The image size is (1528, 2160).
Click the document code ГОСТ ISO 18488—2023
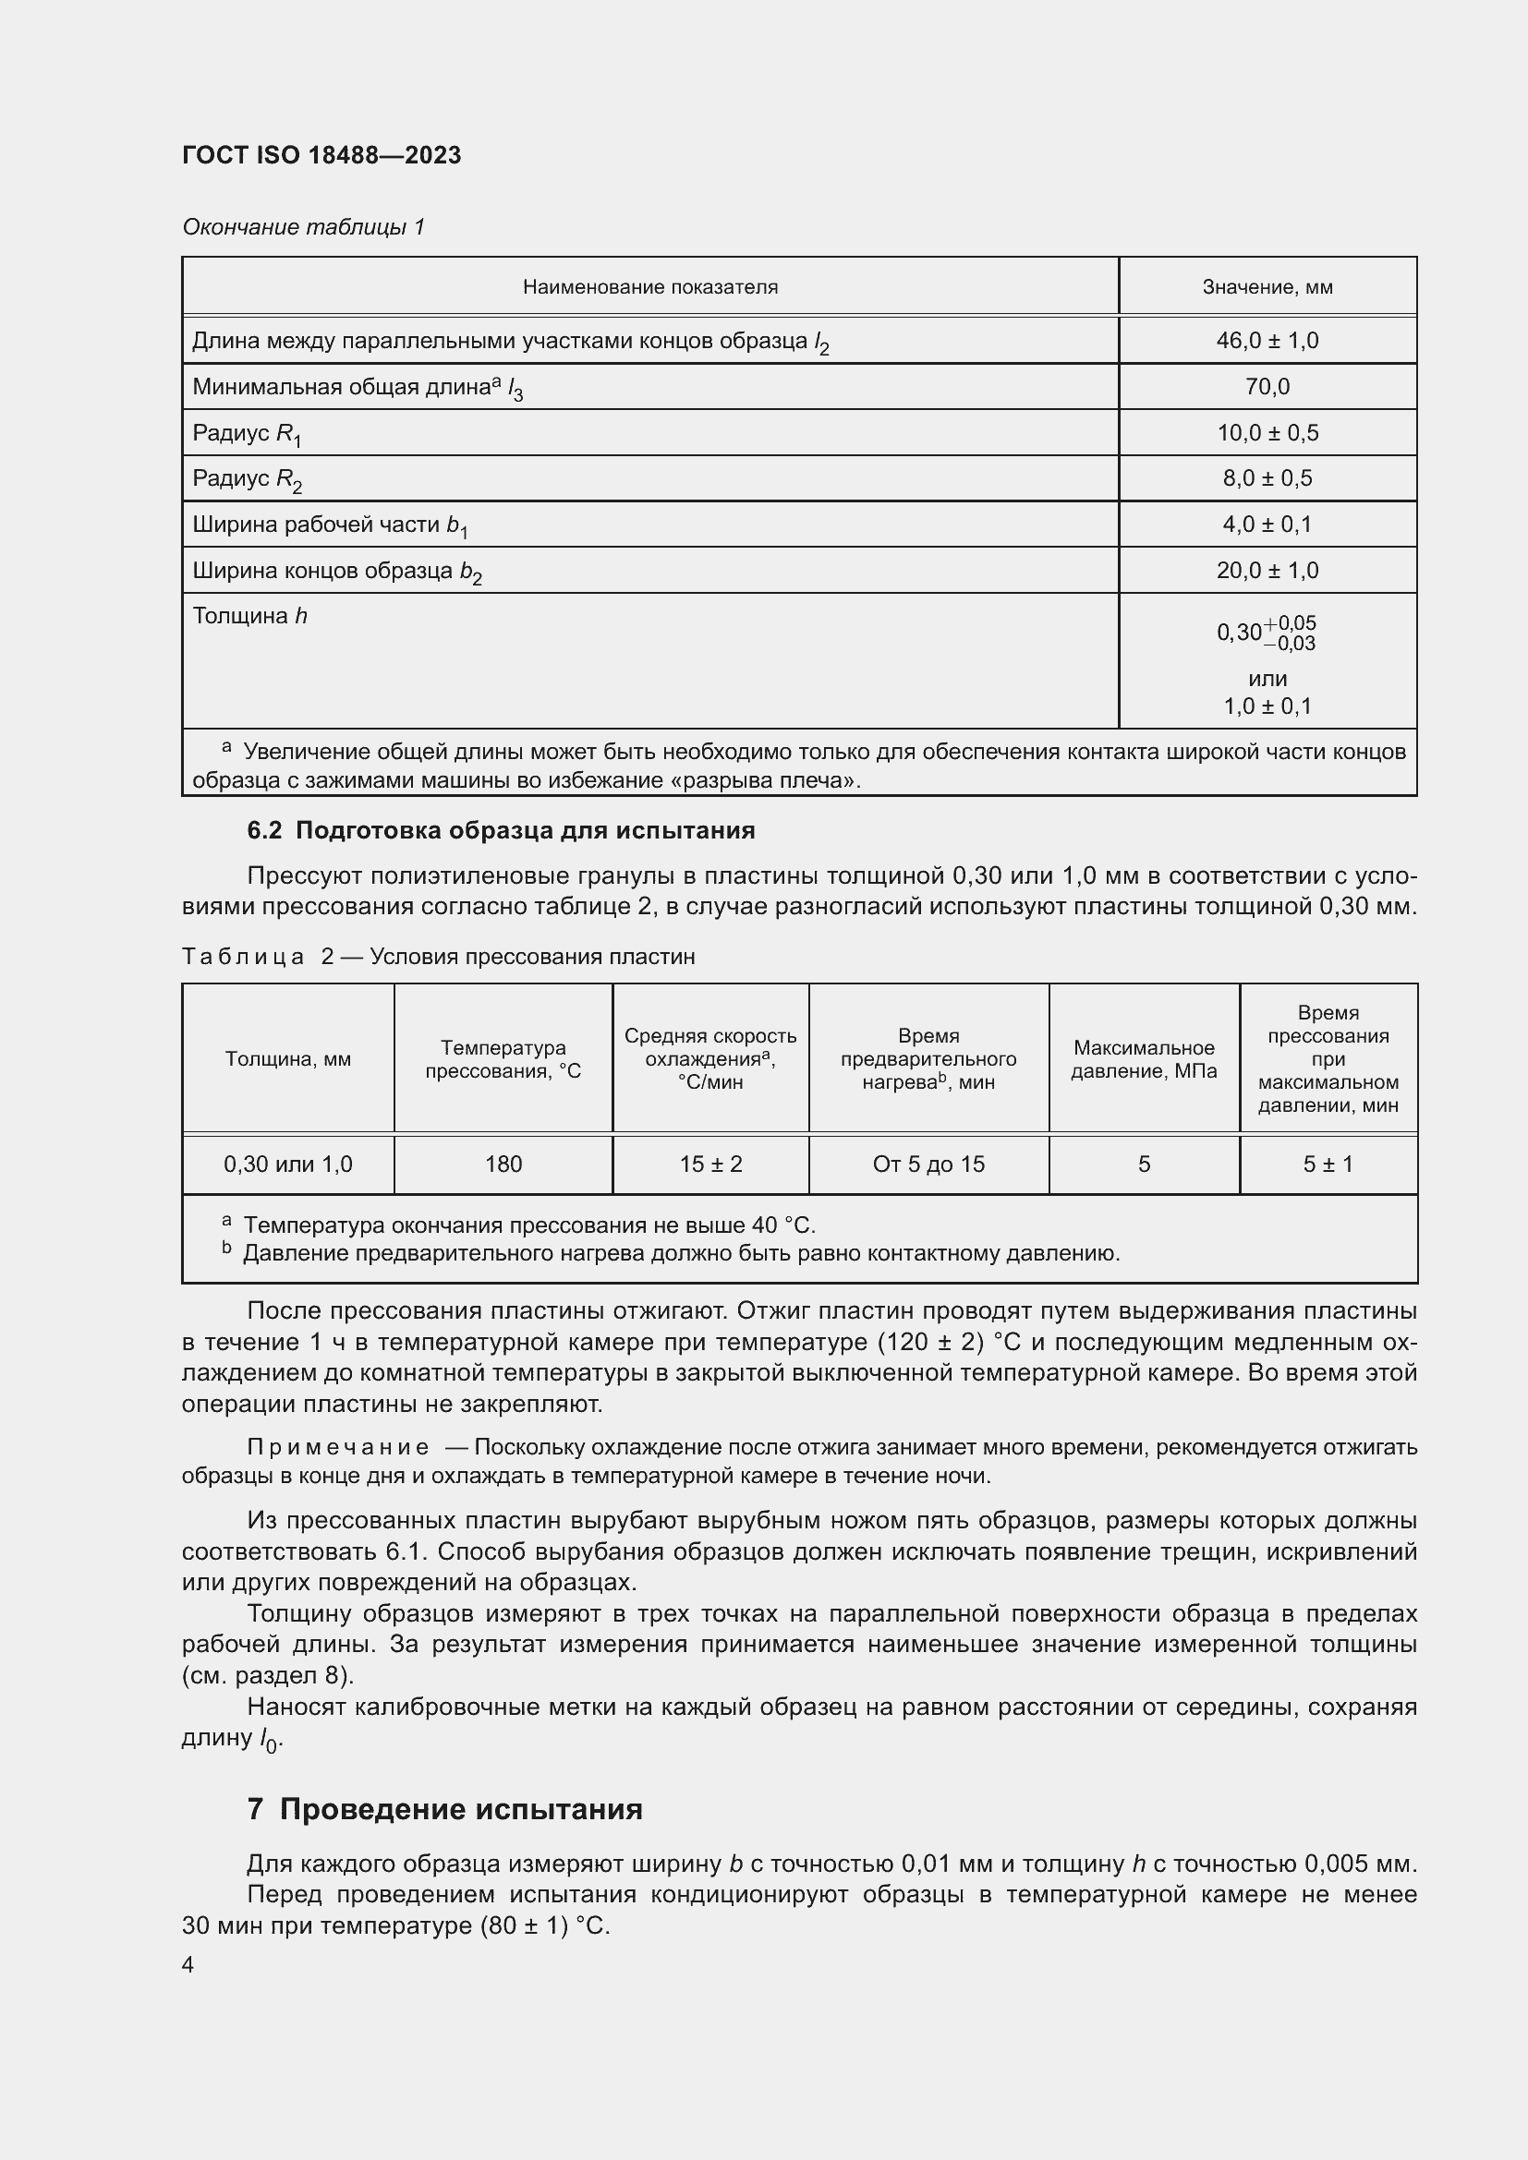click(x=321, y=155)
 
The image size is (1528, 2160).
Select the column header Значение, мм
click(x=1267, y=287)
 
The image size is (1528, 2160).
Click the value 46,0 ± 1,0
click(x=1267, y=341)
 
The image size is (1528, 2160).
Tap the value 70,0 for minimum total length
click(x=1267, y=387)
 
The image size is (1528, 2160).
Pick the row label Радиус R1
click(x=247, y=434)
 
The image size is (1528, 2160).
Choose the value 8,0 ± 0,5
click(x=1267, y=479)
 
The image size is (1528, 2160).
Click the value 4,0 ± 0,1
click(x=1267, y=525)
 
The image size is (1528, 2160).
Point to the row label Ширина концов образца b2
click(x=337, y=571)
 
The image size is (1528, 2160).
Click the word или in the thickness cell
click(x=1267, y=680)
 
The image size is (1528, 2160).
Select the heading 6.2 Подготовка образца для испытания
click(x=501, y=831)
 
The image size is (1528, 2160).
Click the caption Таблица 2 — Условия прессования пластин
click(x=438, y=957)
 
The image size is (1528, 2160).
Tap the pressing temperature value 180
click(x=503, y=1164)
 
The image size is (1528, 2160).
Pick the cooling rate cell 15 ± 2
click(x=710, y=1164)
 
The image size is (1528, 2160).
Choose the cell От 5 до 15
click(x=928, y=1164)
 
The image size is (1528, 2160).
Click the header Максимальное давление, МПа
click(x=1143, y=1059)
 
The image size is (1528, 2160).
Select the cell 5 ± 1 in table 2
click(x=1328, y=1164)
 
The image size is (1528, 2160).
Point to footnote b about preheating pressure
click(x=679, y=1254)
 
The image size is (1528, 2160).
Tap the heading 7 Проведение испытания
click(x=444, y=1809)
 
